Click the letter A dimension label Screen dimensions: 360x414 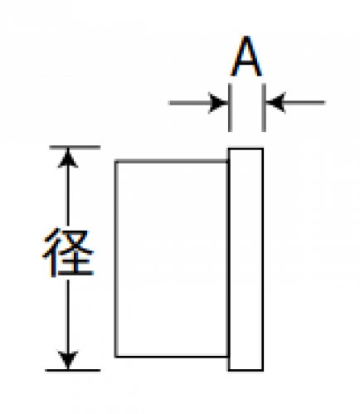coord(246,56)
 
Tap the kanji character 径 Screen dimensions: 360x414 coord(68,252)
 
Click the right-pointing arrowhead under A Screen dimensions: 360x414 coord(218,103)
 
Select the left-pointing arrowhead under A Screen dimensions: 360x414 coord(275,103)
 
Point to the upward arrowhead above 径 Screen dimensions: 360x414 coord(68,158)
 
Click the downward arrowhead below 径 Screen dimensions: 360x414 coord(68,360)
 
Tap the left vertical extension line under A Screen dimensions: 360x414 coord(230,107)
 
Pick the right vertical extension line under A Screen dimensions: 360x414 coord(264,107)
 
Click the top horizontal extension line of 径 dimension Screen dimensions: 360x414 coord(75,148)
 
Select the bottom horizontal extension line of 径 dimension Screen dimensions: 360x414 coord(73,370)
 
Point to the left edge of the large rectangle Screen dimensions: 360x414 coord(116,259)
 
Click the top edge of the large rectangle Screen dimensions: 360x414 coord(172,161)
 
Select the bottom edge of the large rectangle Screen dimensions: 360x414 coord(172,357)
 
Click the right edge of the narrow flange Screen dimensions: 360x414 coord(262,259)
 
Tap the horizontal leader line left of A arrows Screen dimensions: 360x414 coord(189,103)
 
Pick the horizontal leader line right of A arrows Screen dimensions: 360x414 coord(304,103)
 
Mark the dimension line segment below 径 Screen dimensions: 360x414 coord(68,316)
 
